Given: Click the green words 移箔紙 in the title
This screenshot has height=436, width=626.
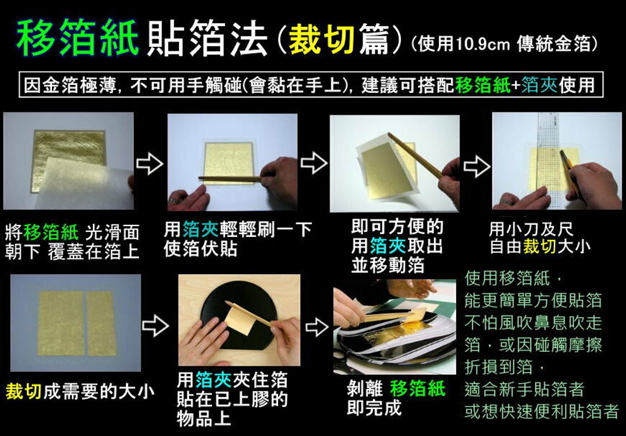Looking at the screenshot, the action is point(78,38).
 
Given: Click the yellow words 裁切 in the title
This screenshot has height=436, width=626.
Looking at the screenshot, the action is point(322,40).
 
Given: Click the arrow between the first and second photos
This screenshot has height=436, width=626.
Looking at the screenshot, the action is point(150,163).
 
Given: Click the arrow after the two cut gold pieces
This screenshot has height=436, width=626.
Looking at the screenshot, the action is point(155,326).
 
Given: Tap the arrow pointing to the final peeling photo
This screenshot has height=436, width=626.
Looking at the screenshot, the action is point(317,326).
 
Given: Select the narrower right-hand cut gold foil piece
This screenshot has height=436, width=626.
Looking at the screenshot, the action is point(101,323).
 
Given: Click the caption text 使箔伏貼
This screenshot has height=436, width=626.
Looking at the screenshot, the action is point(201,249).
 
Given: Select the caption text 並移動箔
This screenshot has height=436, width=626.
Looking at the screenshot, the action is point(388,265).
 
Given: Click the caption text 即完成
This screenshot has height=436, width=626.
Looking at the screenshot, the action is point(374,408).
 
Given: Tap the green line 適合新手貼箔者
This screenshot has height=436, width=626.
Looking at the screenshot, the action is point(525,390).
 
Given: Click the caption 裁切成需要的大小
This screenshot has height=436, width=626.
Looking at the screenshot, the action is point(80,391).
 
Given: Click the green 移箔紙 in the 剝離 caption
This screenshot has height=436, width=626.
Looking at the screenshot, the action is point(417,388).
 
